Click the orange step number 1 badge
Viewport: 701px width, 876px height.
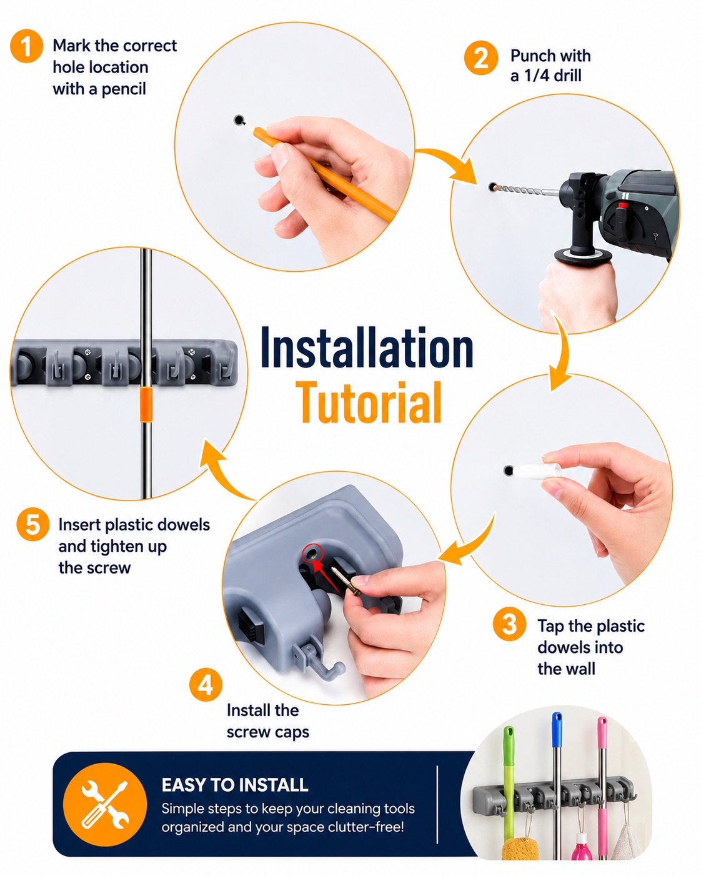27,46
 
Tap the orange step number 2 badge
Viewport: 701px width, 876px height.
481,58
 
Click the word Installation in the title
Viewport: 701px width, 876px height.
367,348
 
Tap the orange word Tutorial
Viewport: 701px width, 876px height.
369,402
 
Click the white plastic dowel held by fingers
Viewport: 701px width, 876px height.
539,470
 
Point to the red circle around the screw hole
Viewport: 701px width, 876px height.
312,553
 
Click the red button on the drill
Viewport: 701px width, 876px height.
622,205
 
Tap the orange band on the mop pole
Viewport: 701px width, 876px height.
146,405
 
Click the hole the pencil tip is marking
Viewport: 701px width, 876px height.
239,120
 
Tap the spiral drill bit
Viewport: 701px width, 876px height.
519,190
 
